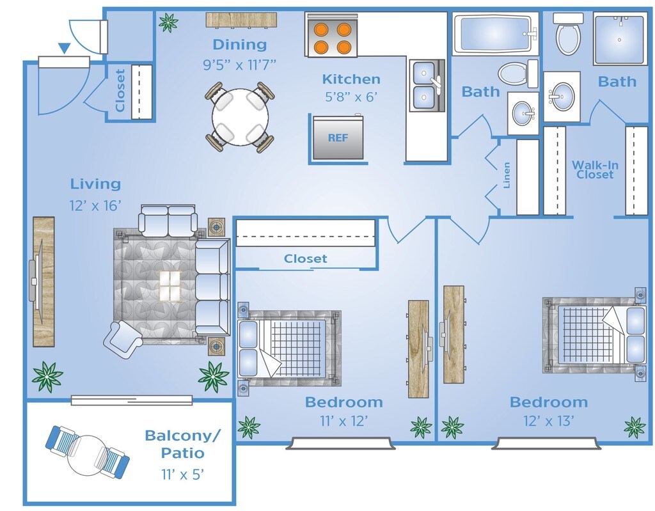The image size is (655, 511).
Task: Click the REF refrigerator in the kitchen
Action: point(338,138)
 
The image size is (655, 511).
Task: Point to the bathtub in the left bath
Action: point(493,34)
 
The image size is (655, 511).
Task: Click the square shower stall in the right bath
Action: point(619,40)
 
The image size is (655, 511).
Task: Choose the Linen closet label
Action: point(507,175)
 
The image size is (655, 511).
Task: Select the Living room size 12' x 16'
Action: point(96,206)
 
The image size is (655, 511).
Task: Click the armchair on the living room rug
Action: point(123,339)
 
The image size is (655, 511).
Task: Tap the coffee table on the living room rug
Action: point(170,286)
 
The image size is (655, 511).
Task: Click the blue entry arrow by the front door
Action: point(64,48)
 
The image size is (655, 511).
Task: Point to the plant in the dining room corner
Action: point(168,23)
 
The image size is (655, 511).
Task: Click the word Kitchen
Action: point(351,79)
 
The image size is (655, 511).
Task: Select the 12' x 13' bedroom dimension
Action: point(549,420)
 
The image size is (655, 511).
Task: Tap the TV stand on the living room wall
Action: point(43,281)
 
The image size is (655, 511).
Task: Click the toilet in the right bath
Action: point(567,36)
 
